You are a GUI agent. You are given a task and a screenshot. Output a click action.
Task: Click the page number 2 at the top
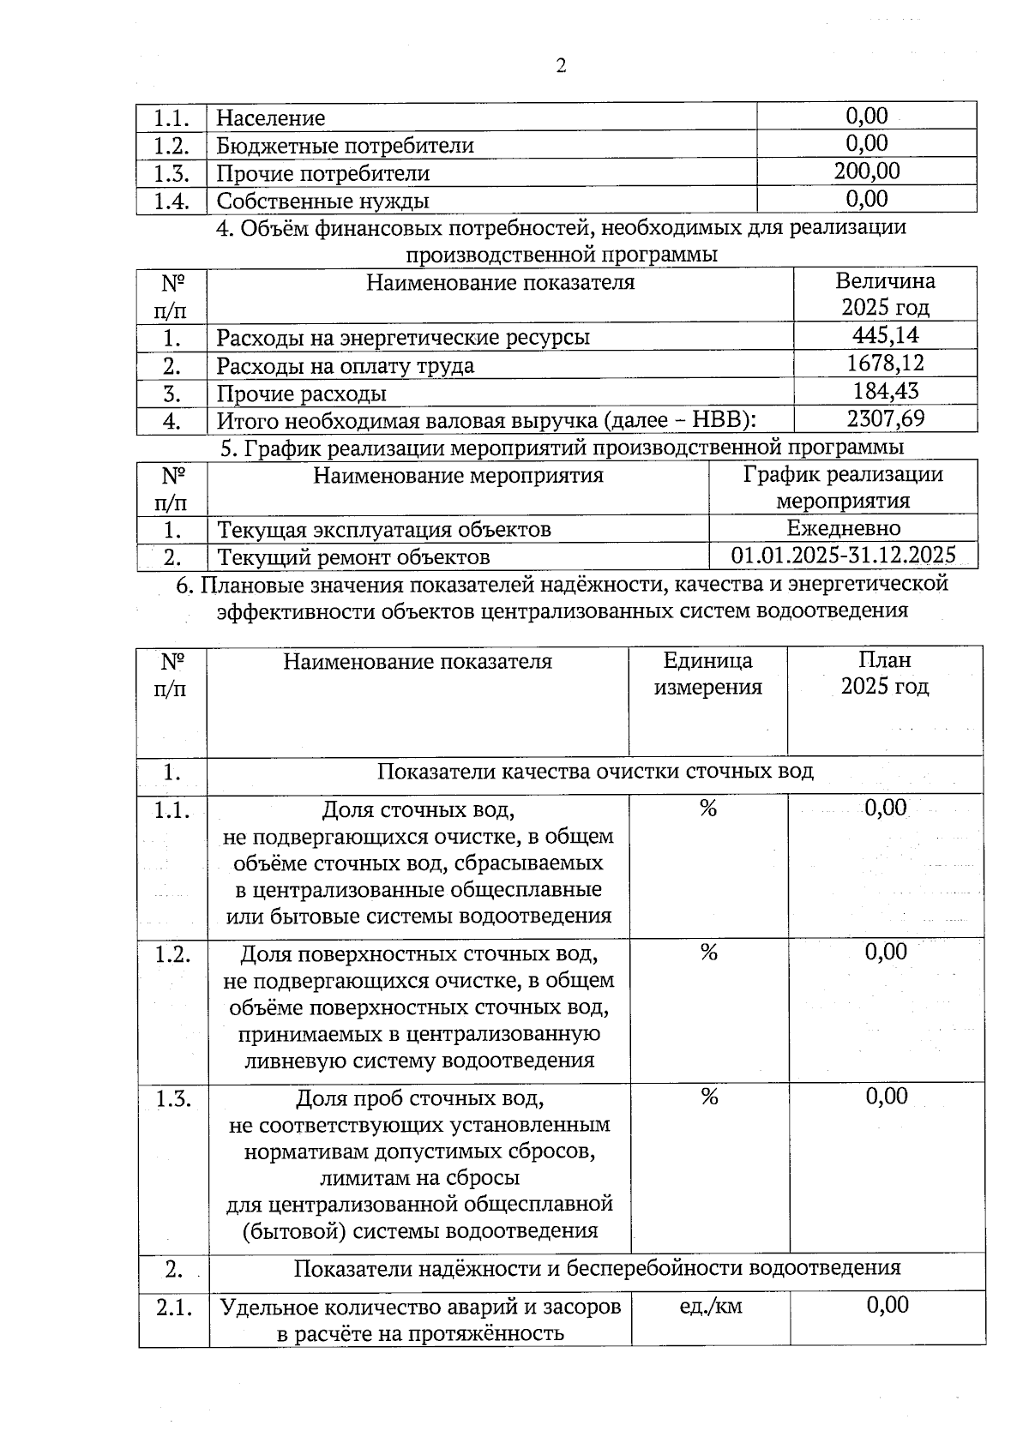point(561,66)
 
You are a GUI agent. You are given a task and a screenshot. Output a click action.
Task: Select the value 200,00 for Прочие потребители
point(867,171)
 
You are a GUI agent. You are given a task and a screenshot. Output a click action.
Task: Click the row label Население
point(270,118)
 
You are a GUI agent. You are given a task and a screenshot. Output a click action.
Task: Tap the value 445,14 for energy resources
point(885,335)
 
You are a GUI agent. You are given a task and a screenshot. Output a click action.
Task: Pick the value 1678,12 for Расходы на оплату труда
point(885,364)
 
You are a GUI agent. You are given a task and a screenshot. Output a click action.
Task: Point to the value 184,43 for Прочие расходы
point(885,392)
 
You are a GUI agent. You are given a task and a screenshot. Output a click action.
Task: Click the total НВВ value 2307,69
point(885,419)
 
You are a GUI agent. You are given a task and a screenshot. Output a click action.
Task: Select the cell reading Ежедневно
point(843,528)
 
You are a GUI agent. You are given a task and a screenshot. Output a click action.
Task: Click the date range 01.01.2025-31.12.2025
point(843,556)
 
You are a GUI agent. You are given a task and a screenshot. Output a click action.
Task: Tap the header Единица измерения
point(707,674)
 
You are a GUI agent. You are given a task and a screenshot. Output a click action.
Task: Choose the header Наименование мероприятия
point(458,476)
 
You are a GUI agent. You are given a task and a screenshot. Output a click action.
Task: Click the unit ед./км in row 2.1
point(710,1306)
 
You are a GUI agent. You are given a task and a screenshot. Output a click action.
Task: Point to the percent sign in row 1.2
point(708,953)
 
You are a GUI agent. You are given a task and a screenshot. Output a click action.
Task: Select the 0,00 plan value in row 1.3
point(886,1097)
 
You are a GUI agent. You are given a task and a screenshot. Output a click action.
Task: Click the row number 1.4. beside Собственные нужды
point(171,201)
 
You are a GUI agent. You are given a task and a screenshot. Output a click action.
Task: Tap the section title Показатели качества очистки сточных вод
point(595,772)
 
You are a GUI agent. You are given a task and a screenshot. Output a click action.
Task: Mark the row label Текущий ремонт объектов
point(353,557)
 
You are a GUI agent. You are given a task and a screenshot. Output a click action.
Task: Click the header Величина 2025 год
point(885,294)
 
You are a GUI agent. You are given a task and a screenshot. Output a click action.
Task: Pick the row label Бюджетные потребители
point(345,146)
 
